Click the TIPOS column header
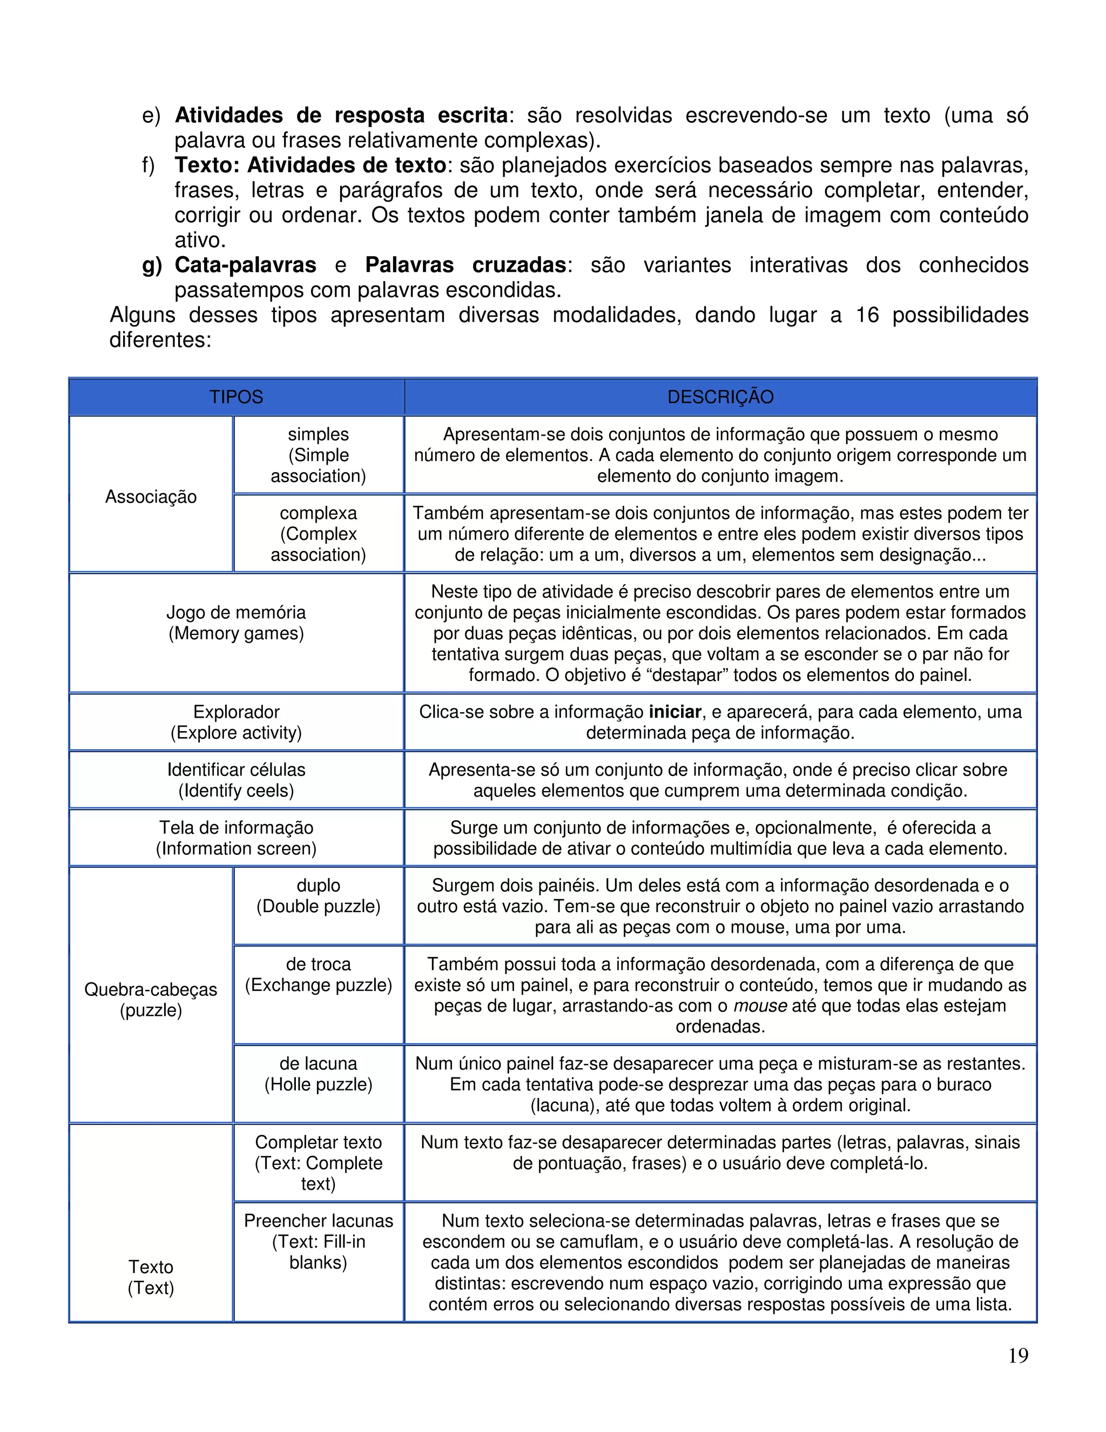click(236, 397)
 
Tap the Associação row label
click(151, 497)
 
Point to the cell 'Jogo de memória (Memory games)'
click(236, 623)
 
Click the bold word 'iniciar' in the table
click(675, 712)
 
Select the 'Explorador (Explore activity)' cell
click(236, 722)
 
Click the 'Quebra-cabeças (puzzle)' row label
click(151, 999)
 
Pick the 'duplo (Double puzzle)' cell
click(319, 895)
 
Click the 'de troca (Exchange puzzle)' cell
click(319, 974)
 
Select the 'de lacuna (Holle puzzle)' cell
click(319, 1074)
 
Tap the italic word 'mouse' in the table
click(760, 1006)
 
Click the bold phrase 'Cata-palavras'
click(245, 265)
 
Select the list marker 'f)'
click(149, 165)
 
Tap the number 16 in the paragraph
click(867, 316)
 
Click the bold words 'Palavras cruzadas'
click(465, 265)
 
